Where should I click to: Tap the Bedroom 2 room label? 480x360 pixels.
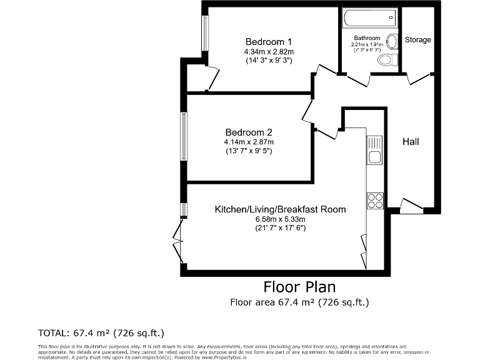click(x=249, y=132)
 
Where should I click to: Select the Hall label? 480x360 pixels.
click(x=411, y=142)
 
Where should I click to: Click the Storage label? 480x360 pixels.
click(x=417, y=40)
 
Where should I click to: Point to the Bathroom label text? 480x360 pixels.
click(x=367, y=38)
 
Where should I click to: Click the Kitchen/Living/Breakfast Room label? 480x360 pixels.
click(x=280, y=209)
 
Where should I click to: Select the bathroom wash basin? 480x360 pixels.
click(x=392, y=42)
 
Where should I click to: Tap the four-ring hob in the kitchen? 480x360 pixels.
click(x=374, y=201)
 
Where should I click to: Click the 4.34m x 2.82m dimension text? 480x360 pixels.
click(x=269, y=51)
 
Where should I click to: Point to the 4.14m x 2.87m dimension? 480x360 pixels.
click(x=249, y=142)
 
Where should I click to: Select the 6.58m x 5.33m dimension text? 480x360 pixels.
click(x=280, y=219)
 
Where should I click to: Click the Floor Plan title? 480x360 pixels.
click(x=299, y=287)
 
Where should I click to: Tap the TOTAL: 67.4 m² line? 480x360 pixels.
click(x=101, y=332)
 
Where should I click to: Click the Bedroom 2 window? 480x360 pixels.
click(x=184, y=136)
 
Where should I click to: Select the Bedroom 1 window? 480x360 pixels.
click(x=204, y=33)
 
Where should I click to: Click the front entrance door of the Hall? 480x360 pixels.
click(x=411, y=206)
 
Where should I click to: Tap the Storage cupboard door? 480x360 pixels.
click(x=419, y=77)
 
